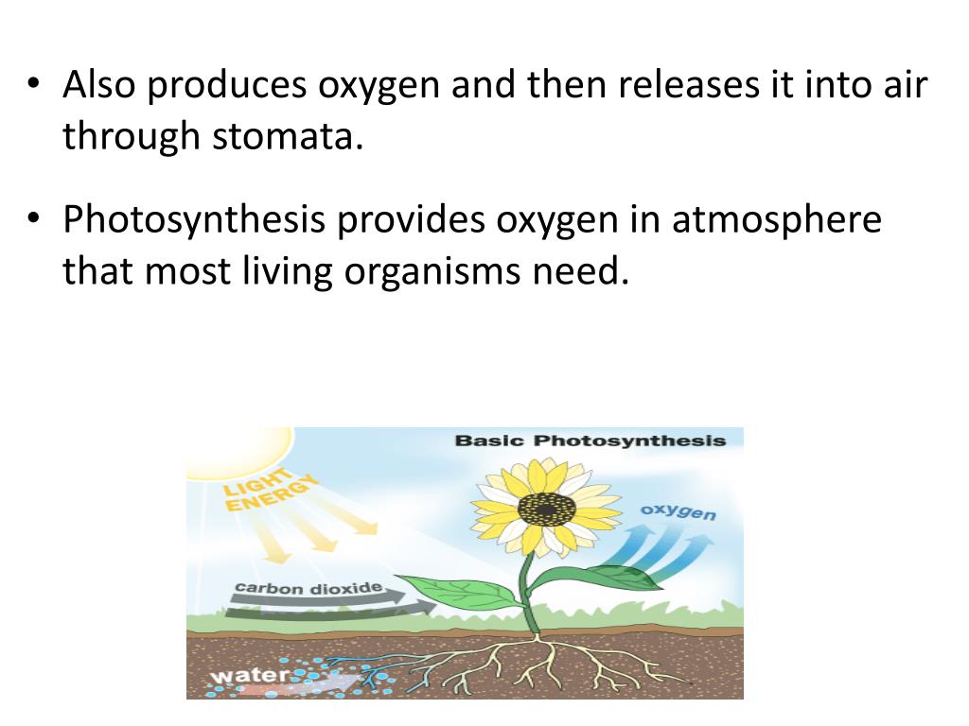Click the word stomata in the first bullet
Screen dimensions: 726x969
coord(287,137)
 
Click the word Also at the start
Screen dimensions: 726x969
coord(100,85)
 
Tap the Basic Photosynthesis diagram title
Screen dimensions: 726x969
coord(590,441)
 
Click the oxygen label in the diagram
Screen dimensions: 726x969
coord(678,511)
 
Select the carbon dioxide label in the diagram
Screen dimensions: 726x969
coord(308,588)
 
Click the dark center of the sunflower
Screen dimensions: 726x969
coord(547,509)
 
